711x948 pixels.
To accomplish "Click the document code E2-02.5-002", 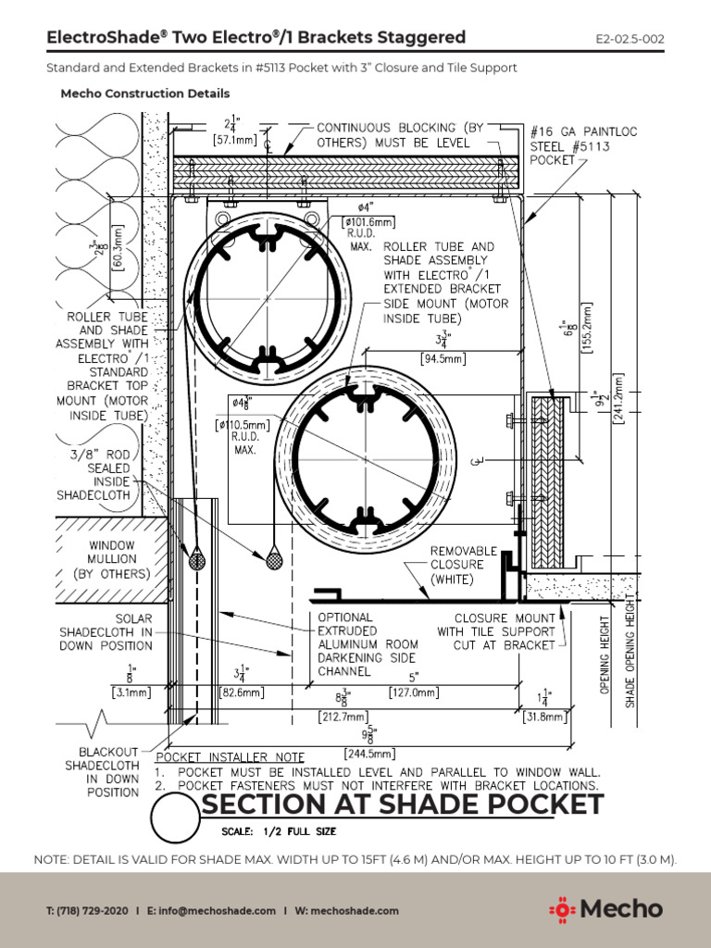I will pos(630,39).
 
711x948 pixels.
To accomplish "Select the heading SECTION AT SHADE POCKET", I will pos(402,805).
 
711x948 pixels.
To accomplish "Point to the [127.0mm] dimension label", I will pos(446,691).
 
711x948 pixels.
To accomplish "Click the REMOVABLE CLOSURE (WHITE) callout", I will pos(463,565).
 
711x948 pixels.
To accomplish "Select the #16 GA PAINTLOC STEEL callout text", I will pos(584,146).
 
